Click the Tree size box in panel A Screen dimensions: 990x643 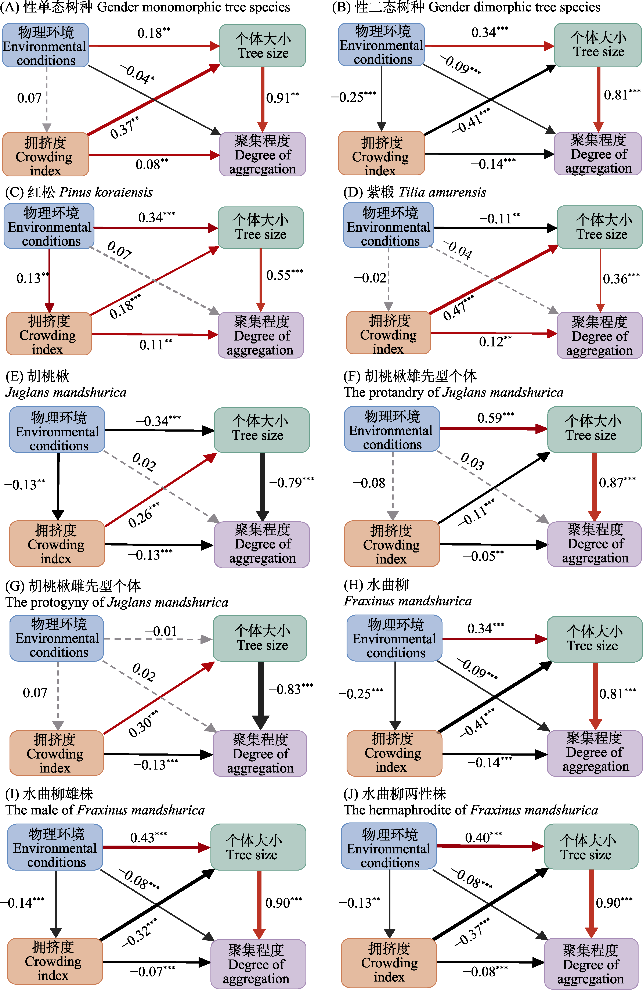tap(263, 46)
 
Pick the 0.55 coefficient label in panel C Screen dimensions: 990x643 tap(284, 275)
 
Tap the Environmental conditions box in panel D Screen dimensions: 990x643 tap(389, 227)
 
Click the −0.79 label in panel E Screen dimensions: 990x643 tap(291, 483)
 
